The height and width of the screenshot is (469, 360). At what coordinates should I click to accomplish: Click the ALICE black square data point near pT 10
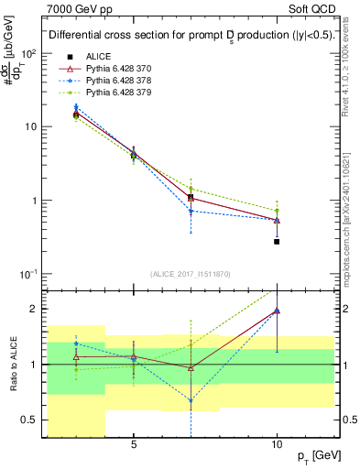[277, 242]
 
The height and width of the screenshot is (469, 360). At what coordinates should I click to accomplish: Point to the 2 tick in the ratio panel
[36, 309]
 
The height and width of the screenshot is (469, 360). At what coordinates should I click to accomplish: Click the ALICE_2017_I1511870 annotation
[190, 274]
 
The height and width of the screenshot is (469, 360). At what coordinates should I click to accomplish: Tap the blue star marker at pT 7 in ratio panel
[191, 400]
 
